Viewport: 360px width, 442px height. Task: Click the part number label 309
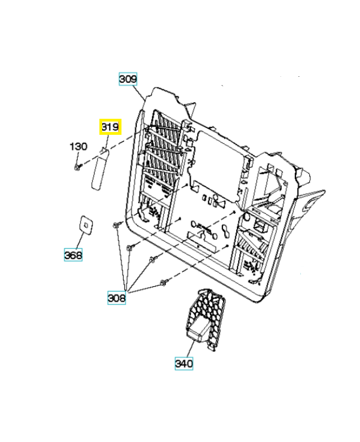(128, 79)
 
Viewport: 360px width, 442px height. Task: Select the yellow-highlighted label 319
(110, 127)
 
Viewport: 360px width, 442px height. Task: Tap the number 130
(78, 146)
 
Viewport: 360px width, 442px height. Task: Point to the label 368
(73, 255)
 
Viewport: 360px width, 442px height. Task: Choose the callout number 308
(117, 298)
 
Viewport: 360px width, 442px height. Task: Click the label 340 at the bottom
(184, 364)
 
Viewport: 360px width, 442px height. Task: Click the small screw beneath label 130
(78, 165)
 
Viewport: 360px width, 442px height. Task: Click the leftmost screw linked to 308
(117, 224)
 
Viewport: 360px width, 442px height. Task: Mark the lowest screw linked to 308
(163, 283)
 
